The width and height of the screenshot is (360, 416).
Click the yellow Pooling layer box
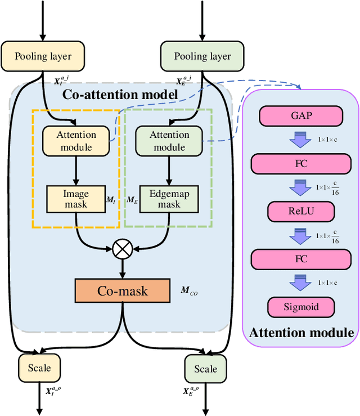coord(43,56)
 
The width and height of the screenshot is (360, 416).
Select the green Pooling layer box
coord(202,56)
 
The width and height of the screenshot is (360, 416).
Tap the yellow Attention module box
coord(76,141)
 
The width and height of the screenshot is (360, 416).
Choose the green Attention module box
coord(169,141)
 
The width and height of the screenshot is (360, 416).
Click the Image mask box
coord(75,199)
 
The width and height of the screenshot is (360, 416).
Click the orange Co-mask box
coord(122,290)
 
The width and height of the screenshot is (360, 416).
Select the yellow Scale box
coord(39,368)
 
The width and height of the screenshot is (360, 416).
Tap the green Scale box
coord(205,369)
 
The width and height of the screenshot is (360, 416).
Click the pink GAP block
coord(300,117)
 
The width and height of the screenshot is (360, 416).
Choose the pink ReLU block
coord(300,212)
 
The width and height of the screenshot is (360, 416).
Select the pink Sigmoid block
coord(300,307)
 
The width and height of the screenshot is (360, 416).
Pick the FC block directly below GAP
coord(300,164)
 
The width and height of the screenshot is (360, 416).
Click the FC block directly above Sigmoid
coord(300,260)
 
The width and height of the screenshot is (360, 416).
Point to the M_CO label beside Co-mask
coord(189,291)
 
